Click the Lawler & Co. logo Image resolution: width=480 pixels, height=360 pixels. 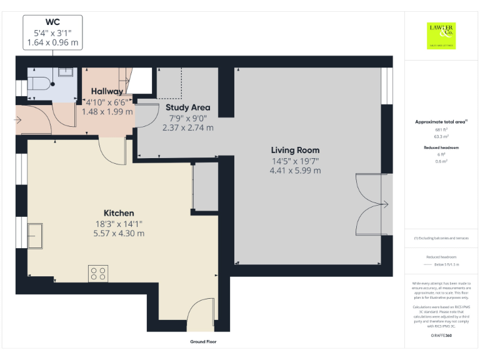441,35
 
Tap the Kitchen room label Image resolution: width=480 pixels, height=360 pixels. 119,213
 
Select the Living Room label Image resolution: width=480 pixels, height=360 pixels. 295,150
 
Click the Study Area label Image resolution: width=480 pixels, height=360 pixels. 187,107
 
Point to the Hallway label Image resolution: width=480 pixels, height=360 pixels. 107,91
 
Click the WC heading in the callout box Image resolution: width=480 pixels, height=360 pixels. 52,22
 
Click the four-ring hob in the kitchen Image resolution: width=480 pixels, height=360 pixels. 98,273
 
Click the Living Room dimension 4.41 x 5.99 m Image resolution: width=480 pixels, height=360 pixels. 295,171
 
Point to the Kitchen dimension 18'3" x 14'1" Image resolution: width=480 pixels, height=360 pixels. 119,223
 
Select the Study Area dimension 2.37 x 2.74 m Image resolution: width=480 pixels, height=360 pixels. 187,127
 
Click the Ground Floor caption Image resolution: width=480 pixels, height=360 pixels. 203,342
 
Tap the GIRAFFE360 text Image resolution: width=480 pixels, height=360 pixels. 442,336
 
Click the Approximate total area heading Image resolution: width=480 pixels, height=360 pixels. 442,122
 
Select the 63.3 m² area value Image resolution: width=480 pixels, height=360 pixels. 442,136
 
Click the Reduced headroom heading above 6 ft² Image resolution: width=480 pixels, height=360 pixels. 442,147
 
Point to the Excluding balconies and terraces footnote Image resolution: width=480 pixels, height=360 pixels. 442,238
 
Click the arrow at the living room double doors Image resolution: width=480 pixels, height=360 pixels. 385,204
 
